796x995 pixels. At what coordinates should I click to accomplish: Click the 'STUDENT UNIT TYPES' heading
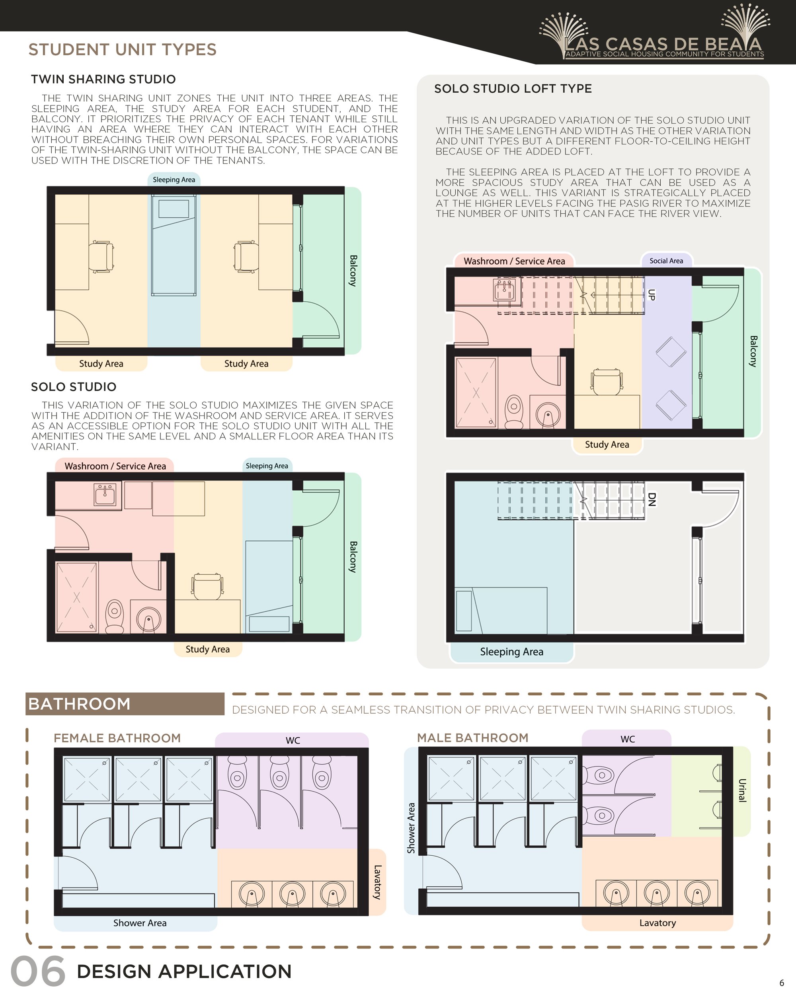(122, 49)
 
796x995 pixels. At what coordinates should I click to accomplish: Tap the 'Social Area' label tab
(666, 261)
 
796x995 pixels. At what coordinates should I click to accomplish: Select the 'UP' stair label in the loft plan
(651, 295)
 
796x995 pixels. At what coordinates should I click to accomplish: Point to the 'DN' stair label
(652, 499)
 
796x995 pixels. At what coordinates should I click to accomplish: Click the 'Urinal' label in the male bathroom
(742, 790)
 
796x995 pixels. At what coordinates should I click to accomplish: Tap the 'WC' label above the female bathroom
(293, 740)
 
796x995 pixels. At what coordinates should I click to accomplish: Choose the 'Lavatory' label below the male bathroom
(657, 923)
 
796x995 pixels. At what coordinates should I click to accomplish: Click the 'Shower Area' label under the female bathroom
(140, 923)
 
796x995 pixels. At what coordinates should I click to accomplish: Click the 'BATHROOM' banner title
(79, 704)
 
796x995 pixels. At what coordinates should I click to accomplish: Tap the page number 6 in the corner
(782, 983)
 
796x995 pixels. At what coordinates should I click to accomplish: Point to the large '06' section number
(38, 971)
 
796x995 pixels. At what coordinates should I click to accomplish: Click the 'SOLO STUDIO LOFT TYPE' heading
(513, 89)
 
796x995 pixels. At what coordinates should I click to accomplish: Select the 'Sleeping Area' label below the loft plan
(511, 652)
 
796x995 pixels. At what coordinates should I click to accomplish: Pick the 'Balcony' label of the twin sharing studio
(353, 271)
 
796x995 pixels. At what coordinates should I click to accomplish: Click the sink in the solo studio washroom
(105, 495)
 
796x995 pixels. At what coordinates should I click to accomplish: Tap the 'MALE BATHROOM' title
(472, 738)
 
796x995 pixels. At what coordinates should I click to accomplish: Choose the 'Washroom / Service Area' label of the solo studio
(115, 466)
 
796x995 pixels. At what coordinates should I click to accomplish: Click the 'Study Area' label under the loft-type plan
(607, 445)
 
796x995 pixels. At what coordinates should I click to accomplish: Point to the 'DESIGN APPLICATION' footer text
(184, 972)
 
